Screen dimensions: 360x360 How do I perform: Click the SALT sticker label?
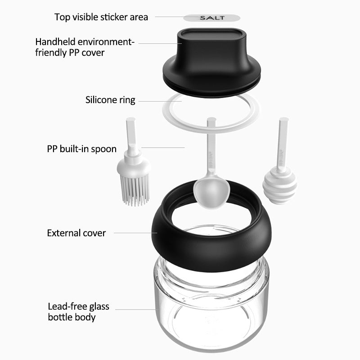point(211,18)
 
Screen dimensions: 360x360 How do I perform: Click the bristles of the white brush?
point(135,189)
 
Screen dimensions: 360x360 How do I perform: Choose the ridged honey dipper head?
point(279,185)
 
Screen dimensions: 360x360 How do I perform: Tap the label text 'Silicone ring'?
point(110,100)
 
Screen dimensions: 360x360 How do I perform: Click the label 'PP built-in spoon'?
point(82,149)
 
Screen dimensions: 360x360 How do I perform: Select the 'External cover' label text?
point(76,233)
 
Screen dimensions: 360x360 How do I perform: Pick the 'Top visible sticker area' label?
point(101,17)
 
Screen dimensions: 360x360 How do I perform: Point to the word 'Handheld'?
point(55,42)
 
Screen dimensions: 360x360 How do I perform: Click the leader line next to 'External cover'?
point(135,233)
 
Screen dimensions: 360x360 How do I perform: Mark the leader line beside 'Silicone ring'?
point(160,101)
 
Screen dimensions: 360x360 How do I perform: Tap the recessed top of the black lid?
point(211,35)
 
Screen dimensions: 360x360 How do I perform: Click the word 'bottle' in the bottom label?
point(60,317)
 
